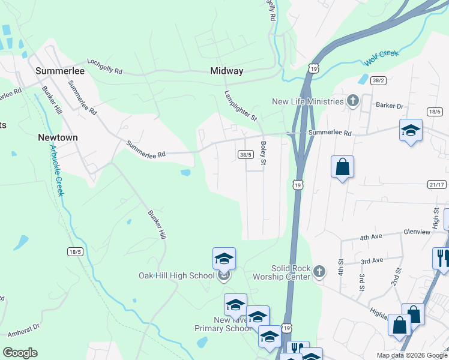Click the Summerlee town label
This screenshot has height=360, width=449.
[x=60, y=71]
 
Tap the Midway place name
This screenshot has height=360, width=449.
[x=227, y=71]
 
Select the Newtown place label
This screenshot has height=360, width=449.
[x=58, y=137]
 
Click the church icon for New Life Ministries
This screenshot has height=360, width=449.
[x=353, y=101]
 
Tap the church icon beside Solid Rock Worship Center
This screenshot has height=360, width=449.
[x=319, y=272]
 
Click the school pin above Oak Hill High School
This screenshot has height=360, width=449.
[x=224, y=259]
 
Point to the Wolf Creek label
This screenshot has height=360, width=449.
[x=381, y=58]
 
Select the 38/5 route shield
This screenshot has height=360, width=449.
[x=245, y=154]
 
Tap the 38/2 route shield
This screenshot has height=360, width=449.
[x=378, y=80]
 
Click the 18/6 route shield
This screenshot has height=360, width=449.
[x=435, y=112]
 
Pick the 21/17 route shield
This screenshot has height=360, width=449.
[x=437, y=185]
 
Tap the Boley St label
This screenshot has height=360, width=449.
[x=263, y=154]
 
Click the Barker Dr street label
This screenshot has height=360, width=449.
[x=389, y=106]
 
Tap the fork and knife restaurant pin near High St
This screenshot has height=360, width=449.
[x=441, y=258]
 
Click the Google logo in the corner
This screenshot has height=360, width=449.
[x=20, y=353]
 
